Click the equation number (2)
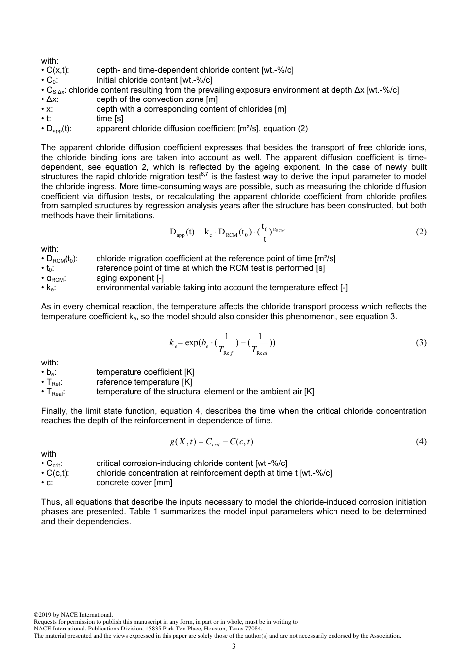[421, 232]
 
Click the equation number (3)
[421, 343]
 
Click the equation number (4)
[421, 442]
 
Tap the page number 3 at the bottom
[234, 646]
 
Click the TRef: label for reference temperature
[54, 382]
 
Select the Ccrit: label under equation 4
[54, 463]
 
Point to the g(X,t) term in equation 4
[182, 442]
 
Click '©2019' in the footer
[43, 615]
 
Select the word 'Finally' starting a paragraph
[53, 411]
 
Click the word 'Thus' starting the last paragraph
[50, 502]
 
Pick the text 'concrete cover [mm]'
[134, 483]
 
